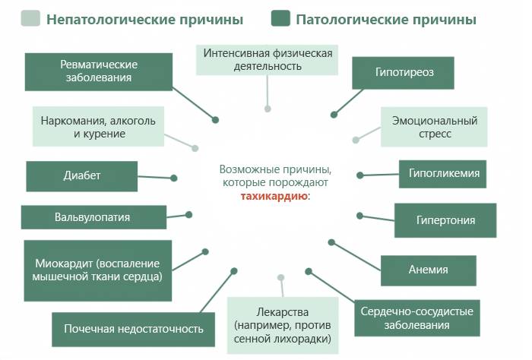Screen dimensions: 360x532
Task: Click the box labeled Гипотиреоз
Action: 404,73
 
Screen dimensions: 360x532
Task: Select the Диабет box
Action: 82,175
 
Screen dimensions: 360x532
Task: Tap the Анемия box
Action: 429,270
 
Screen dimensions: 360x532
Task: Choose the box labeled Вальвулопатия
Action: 93,217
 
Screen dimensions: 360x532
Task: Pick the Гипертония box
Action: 445,220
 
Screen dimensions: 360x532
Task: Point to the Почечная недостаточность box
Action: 133,329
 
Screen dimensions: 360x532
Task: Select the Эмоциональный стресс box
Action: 433,127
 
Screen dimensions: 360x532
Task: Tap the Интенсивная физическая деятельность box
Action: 268,59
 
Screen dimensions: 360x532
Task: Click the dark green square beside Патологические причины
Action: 280,18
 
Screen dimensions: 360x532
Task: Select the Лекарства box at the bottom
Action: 283,326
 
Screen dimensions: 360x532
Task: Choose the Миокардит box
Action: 98,270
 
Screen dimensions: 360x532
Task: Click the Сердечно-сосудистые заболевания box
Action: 416,318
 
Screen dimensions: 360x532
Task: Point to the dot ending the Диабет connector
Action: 174,178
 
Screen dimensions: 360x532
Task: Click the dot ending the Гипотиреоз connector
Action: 334,115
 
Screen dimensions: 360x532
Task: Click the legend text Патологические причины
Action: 387,18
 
